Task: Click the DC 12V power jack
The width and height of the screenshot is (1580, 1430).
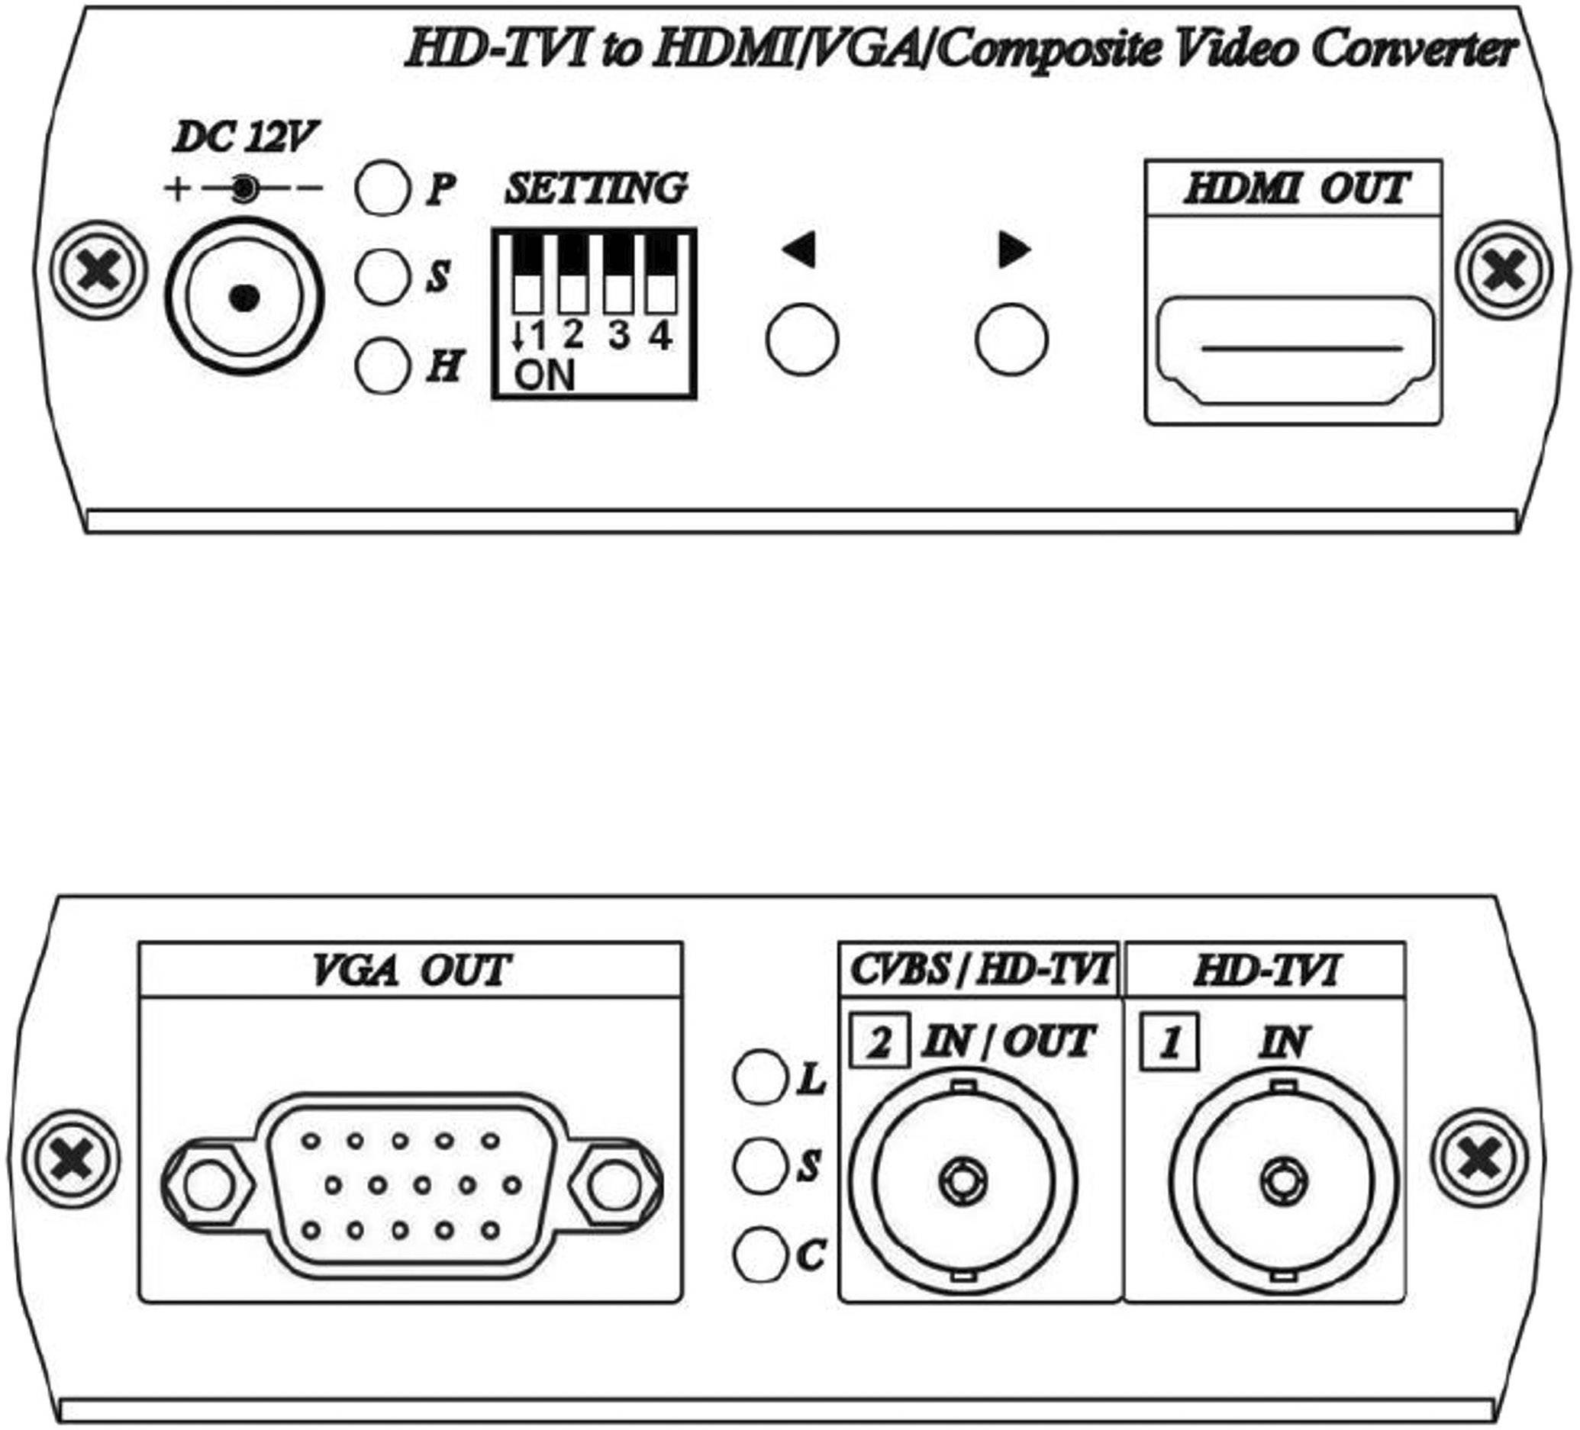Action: [244, 297]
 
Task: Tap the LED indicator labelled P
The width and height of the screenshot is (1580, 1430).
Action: [382, 188]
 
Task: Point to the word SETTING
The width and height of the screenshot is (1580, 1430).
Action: [595, 188]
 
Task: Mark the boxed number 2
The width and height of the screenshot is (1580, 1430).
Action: [879, 1043]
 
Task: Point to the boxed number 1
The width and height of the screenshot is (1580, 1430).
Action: [1169, 1043]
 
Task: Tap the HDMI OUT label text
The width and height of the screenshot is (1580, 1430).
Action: [1295, 188]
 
